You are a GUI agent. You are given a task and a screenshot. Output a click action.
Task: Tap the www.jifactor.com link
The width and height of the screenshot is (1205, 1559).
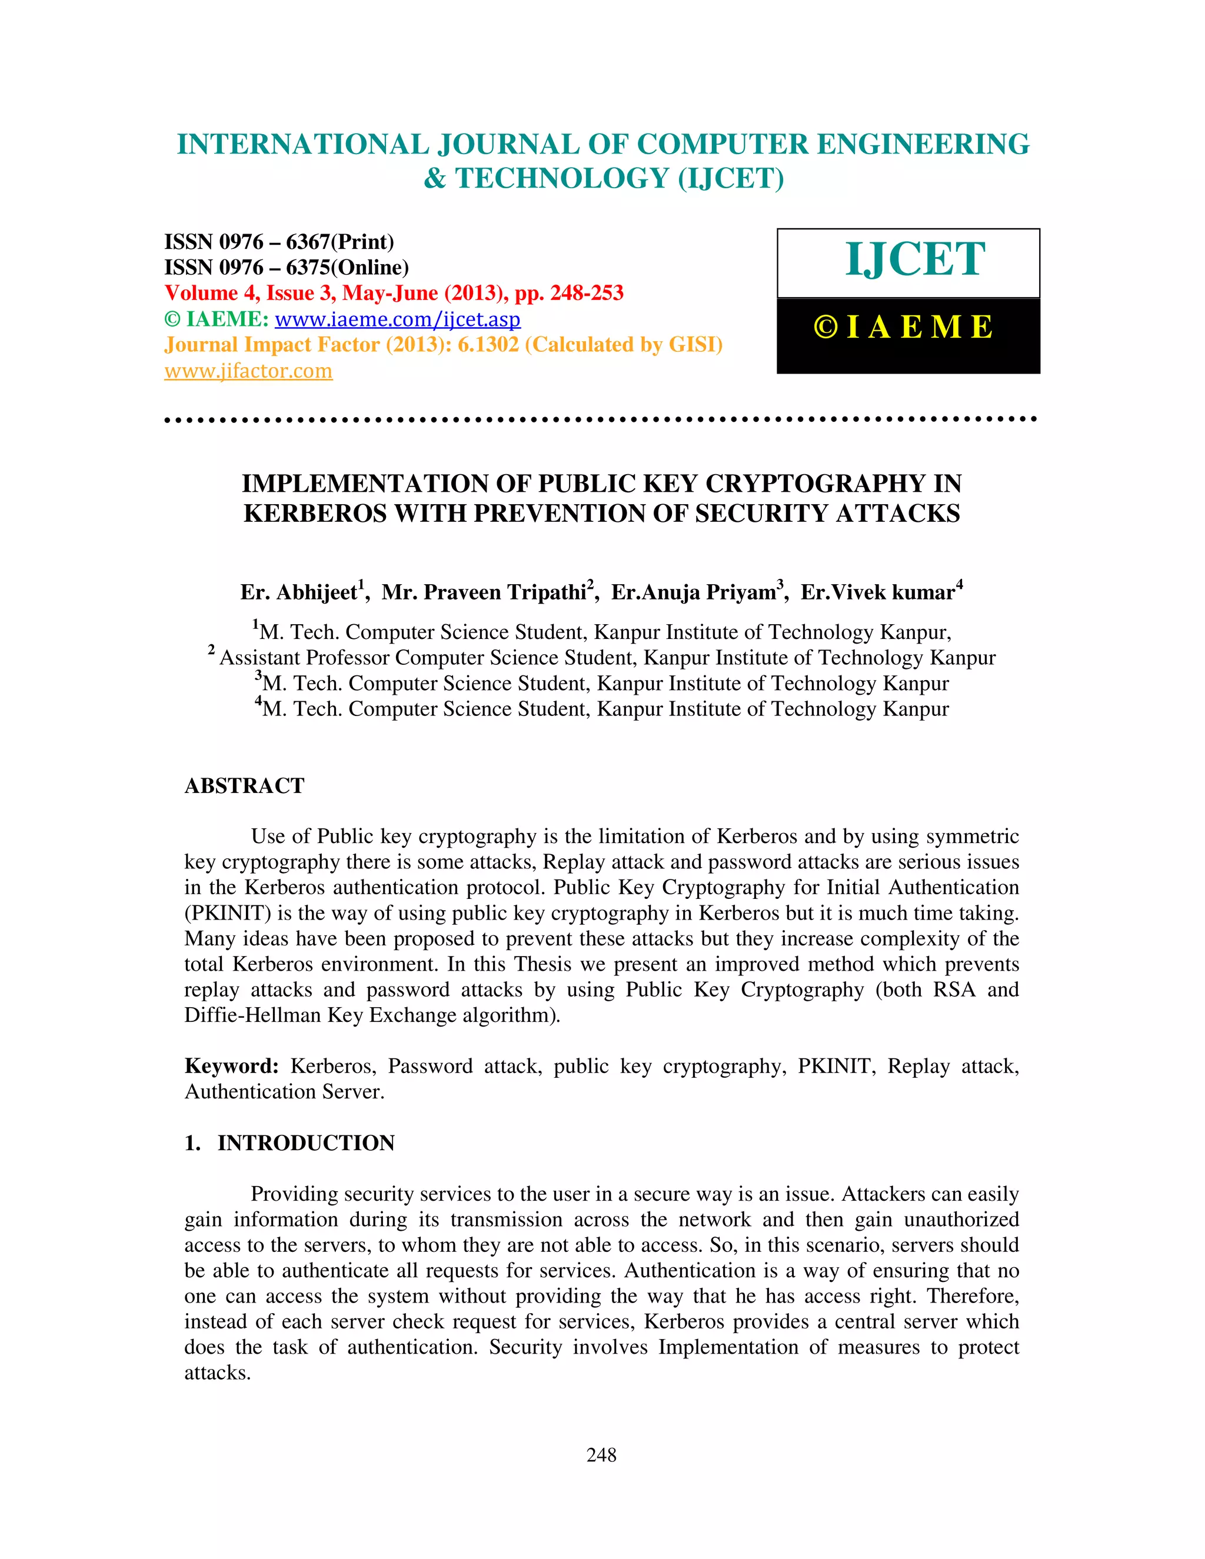[x=248, y=371]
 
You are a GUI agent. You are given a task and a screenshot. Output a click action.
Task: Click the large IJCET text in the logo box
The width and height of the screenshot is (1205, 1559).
[x=915, y=260]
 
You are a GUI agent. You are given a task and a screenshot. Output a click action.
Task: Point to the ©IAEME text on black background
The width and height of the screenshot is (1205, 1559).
[x=904, y=328]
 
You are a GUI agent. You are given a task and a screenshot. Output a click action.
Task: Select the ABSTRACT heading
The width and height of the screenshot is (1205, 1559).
[x=244, y=786]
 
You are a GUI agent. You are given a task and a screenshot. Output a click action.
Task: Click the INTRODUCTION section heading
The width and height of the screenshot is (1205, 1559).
[x=305, y=1143]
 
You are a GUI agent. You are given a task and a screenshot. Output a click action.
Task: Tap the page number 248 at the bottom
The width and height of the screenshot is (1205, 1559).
[x=601, y=1455]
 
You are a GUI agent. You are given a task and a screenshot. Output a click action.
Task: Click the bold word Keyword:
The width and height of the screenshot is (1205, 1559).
[x=231, y=1067]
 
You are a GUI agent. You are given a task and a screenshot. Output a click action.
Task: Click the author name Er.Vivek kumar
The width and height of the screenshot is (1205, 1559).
[x=878, y=592]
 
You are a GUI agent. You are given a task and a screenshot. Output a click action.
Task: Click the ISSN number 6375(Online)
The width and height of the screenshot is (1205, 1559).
[x=347, y=268]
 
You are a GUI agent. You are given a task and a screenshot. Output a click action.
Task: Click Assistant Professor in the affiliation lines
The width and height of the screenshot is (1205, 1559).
[x=304, y=658]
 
